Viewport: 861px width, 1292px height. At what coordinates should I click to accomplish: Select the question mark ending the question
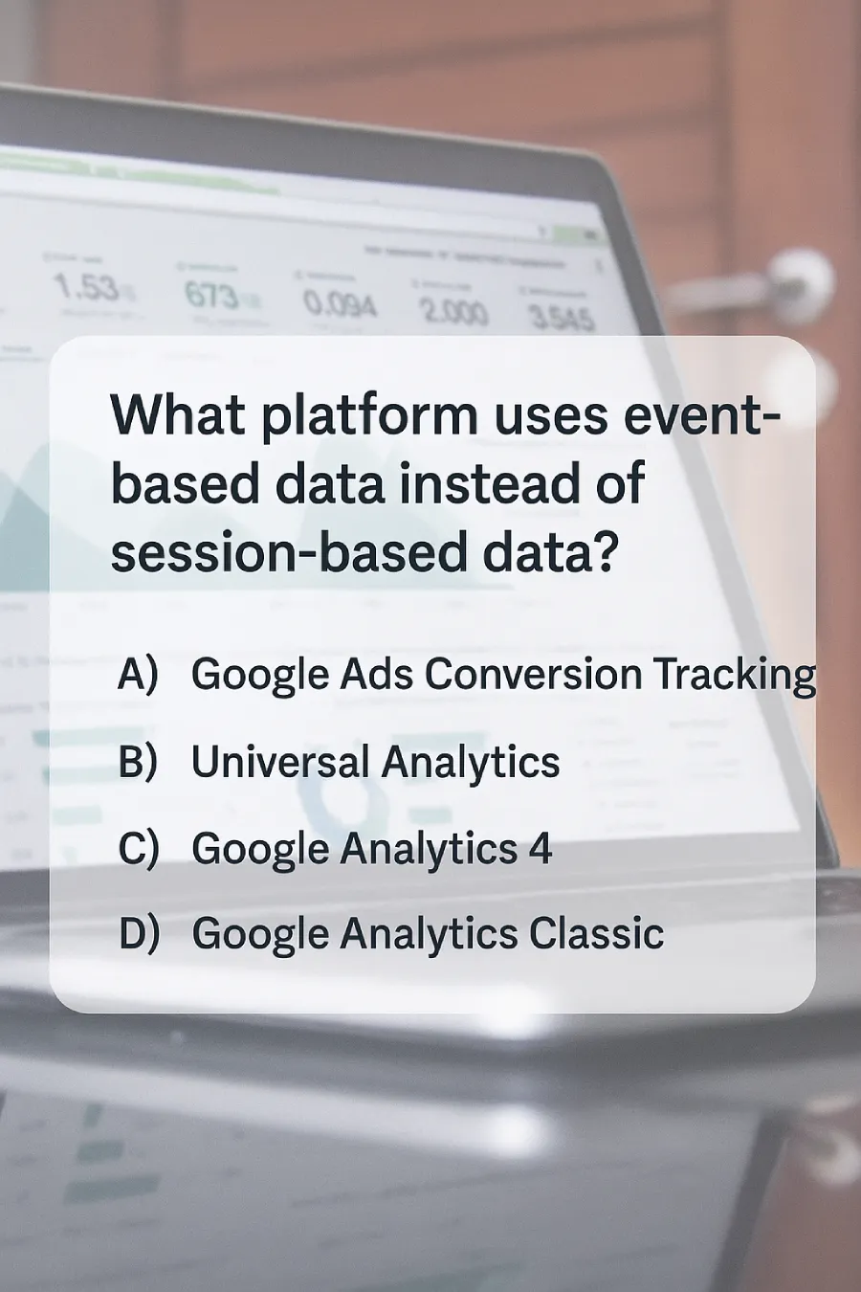pos(605,552)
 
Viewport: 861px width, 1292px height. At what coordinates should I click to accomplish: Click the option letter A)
pos(137,674)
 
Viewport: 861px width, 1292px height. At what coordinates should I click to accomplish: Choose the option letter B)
pos(137,762)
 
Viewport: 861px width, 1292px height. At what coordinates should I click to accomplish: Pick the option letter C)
pos(138,849)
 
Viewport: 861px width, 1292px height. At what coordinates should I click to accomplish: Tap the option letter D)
pos(139,934)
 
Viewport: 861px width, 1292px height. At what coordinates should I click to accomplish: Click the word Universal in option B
pos(279,762)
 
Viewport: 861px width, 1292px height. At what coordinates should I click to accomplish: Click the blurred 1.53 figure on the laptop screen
pos(86,286)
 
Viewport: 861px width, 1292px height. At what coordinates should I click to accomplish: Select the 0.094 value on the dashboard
pos(340,304)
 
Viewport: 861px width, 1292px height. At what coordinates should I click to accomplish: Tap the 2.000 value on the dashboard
pos(453,311)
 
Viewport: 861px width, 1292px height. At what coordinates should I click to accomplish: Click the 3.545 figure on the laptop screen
pos(562,318)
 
